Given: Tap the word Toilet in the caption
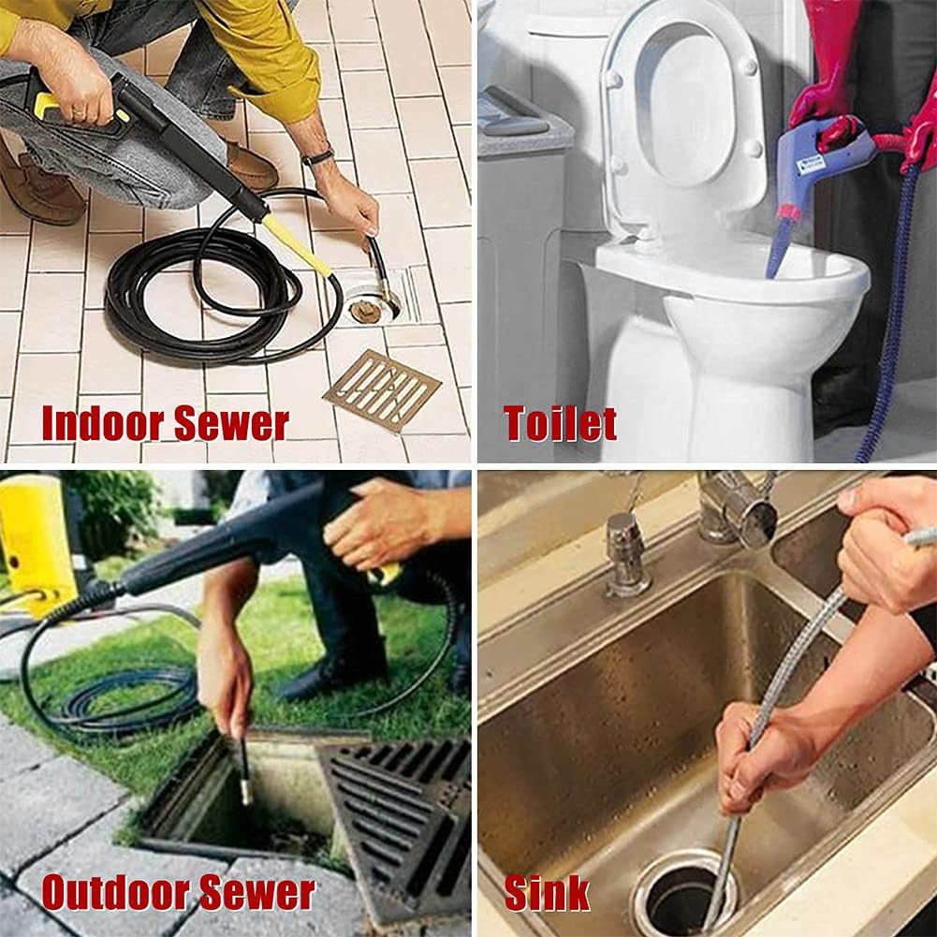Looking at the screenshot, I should (560, 423).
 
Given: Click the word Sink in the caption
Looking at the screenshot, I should (547, 892).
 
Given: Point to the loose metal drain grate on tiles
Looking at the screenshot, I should (382, 390).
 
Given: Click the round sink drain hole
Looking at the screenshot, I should (683, 894).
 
